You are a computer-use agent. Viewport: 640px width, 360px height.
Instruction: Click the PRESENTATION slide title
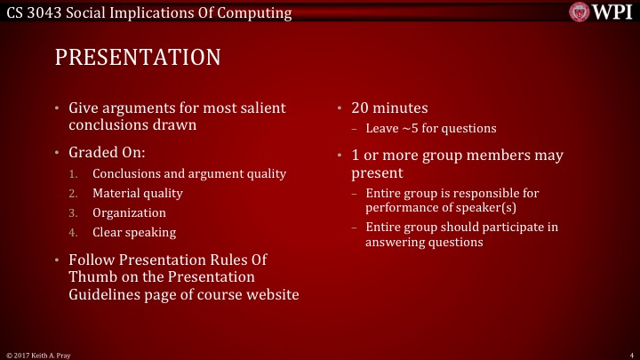[137, 58]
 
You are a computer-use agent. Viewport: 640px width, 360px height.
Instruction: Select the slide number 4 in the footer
[629, 355]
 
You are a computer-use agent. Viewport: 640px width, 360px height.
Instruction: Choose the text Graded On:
[107, 152]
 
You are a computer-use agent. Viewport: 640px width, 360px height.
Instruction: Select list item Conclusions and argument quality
[188, 174]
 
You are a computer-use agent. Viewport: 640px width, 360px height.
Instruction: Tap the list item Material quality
[137, 193]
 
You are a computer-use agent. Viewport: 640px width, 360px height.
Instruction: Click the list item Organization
[129, 212]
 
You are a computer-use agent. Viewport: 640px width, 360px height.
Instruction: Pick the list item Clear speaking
[133, 232]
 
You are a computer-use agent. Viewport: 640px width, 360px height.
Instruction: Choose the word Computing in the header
[253, 13]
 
